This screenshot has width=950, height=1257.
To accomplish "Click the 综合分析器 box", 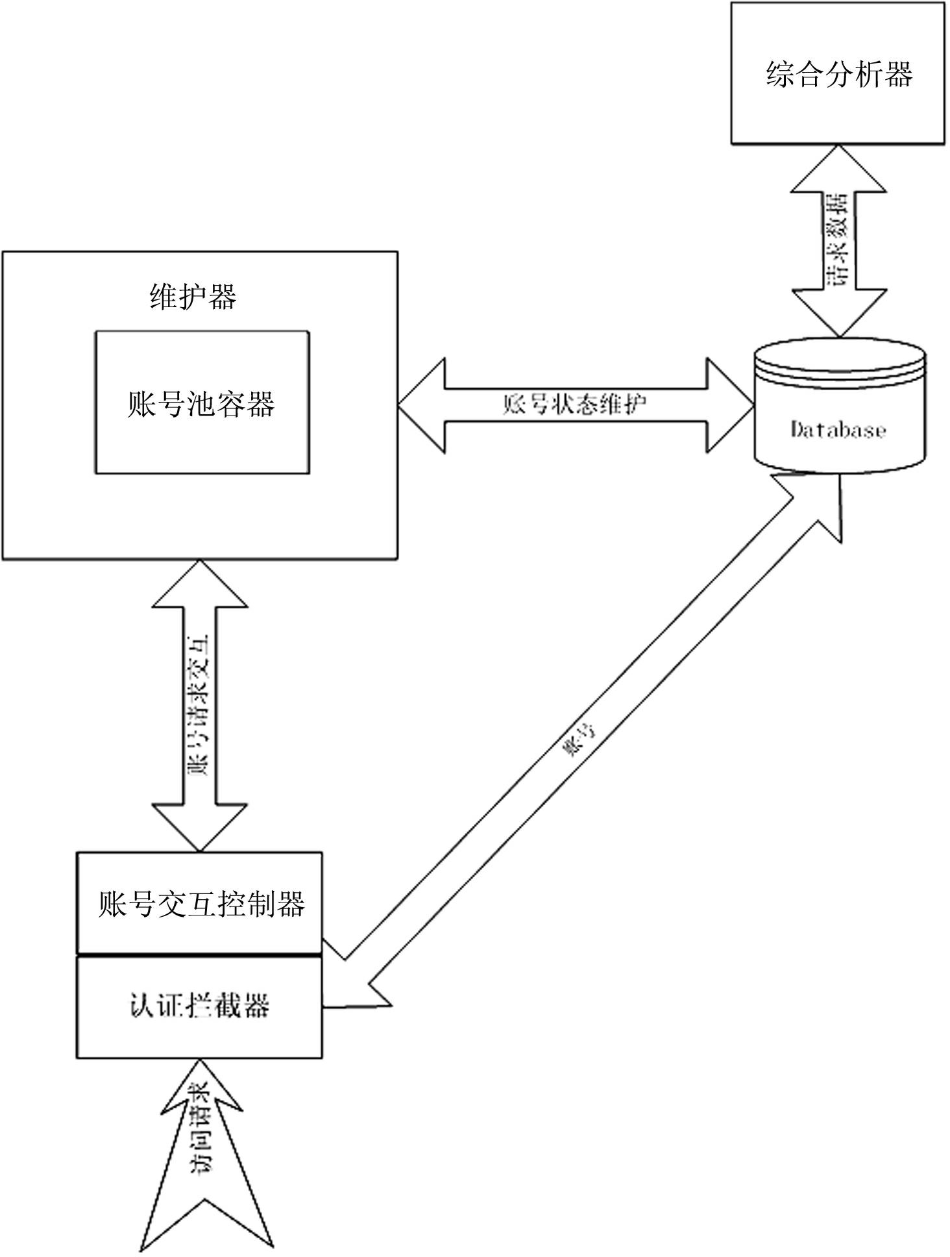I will pos(837,73).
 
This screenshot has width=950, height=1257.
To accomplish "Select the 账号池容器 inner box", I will pos(202,403).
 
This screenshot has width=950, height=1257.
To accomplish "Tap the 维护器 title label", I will pos(193,297).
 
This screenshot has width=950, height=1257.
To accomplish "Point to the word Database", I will pos(838,430).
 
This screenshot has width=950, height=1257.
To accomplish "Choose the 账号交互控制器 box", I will pos(199,903).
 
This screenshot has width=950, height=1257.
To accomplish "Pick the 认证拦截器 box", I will pos(199,1006).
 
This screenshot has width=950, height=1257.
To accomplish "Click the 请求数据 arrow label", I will pos(838,240).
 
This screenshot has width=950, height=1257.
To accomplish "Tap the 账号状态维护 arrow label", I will pos(575,404).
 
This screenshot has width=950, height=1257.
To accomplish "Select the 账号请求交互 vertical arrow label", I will pos(199,705).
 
